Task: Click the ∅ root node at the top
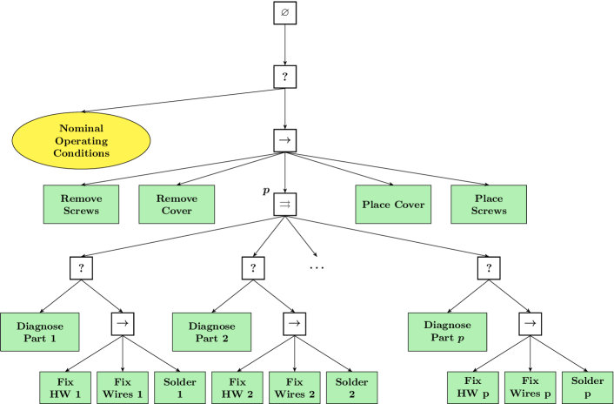click(x=285, y=13)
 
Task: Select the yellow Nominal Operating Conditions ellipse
click(x=81, y=140)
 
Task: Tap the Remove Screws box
click(x=81, y=205)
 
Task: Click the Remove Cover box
click(x=177, y=205)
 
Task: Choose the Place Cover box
click(x=393, y=205)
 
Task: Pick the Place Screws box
click(x=489, y=205)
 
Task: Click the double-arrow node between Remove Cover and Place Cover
click(x=285, y=204)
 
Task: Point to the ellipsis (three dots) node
click(x=317, y=267)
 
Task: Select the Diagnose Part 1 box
click(x=40, y=332)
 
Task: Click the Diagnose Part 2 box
click(x=212, y=332)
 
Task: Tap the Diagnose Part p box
click(x=448, y=332)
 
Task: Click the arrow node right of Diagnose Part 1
click(x=123, y=323)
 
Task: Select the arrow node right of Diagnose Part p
click(x=530, y=323)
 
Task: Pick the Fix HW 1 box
click(x=65, y=387)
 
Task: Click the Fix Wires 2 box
click(x=295, y=387)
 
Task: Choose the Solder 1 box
click(x=180, y=387)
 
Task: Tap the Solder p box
click(x=588, y=387)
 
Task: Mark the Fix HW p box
click(x=472, y=387)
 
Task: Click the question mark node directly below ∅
click(x=285, y=77)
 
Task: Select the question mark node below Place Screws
click(x=489, y=268)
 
